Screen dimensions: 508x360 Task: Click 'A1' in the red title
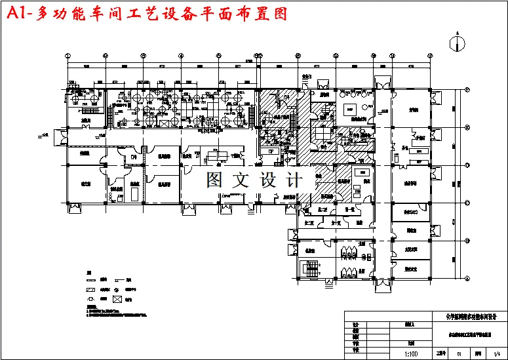click(x=18, y=15)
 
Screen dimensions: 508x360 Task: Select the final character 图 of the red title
click(x=280, y=15)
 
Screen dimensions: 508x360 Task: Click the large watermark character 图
click(x=217, y=180)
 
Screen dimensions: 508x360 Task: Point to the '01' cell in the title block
click(x=459, y=353)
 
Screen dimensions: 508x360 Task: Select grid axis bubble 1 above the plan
click(x=71, y=56)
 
